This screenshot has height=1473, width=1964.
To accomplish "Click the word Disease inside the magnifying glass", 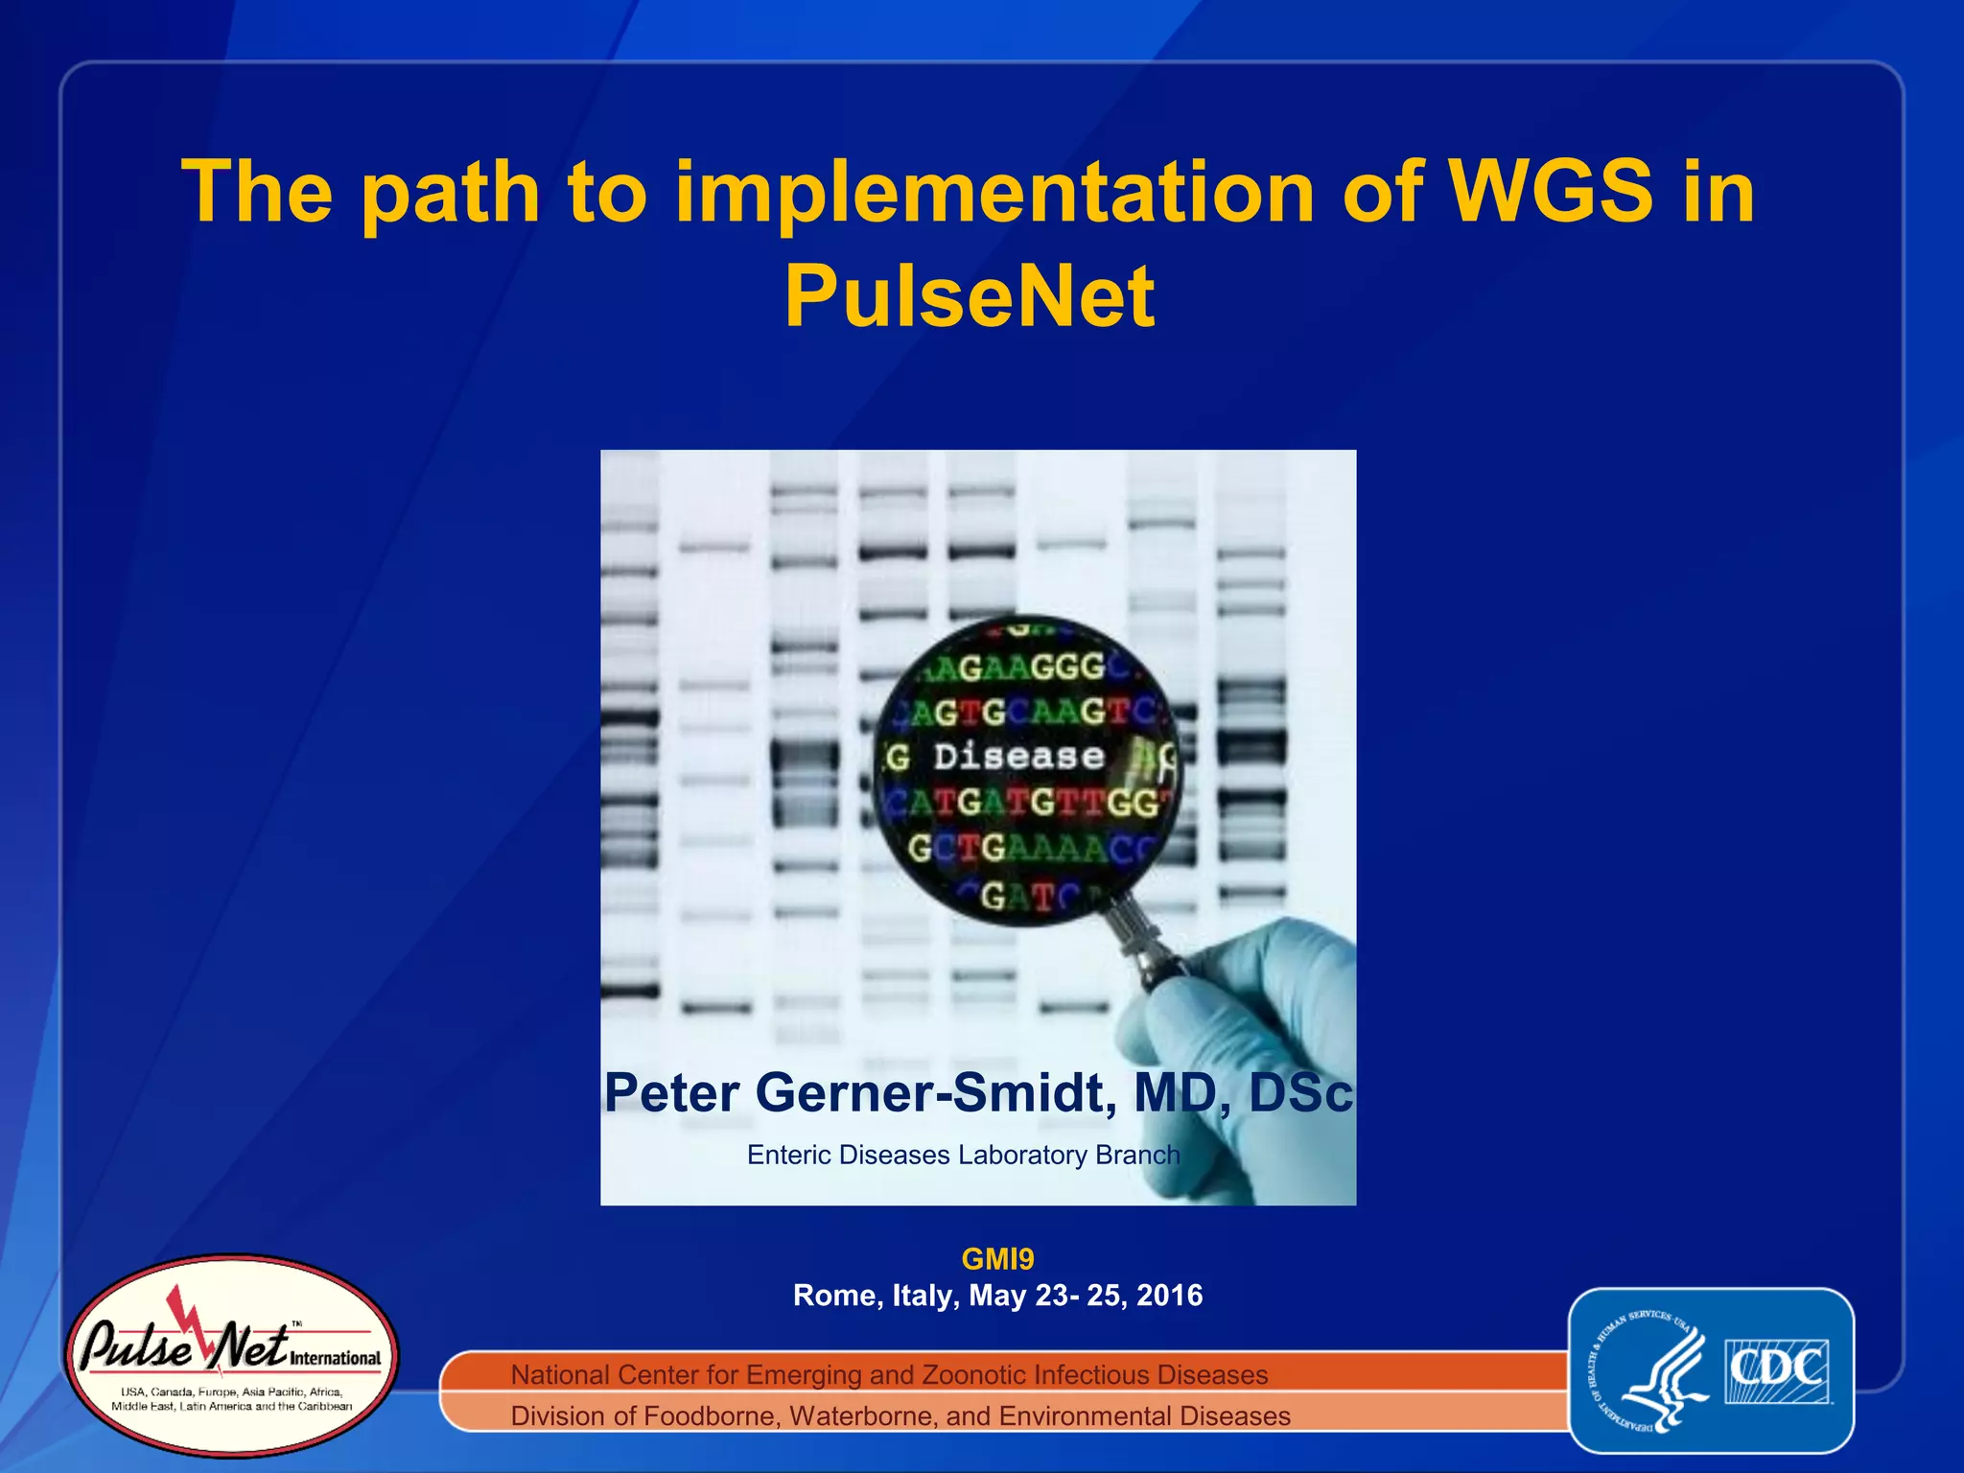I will tap(1018, 757).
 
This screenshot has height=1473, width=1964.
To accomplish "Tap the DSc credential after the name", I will tap(1299, 1092).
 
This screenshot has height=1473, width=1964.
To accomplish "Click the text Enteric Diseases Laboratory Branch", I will tap(963, 1155).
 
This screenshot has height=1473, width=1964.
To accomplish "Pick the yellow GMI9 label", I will tap(997, 1258).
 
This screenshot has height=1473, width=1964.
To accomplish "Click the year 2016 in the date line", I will tap(1169, 1296).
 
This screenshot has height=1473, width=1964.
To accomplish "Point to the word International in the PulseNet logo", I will tap(335, 1358).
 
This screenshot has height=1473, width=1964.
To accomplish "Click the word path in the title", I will tap(451, 191).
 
